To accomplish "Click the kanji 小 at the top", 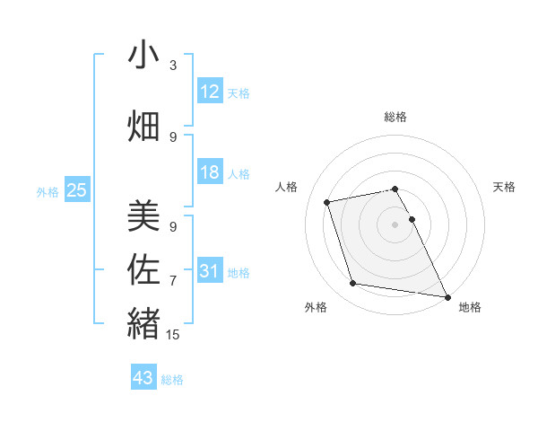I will (x=143, y=56).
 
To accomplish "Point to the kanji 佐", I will (x=143, y=268).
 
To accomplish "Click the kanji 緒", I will (x=143, y=321).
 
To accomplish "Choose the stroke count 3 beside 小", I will (x=173, y=66).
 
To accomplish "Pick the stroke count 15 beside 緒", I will (x=175, y=334).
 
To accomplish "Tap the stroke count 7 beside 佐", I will (x=173, y=281).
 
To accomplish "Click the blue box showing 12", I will (x=210, y=92).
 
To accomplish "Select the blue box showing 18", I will (x=210, y=172).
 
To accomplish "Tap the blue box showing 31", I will (x=210, y=271).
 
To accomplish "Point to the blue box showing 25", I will (x=76, y=189).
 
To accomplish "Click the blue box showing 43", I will (x=143, y=378).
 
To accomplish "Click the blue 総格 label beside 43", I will (x=172, y=380).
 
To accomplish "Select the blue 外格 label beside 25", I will (x=48, y=191).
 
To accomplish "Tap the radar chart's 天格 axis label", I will (x=505, y=187).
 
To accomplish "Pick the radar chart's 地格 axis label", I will (x=470, y=307).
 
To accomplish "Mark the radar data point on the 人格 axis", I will (x=328, y=201).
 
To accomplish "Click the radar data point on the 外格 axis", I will (x=353, y=284).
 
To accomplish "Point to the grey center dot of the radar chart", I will (x=395, y=224).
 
